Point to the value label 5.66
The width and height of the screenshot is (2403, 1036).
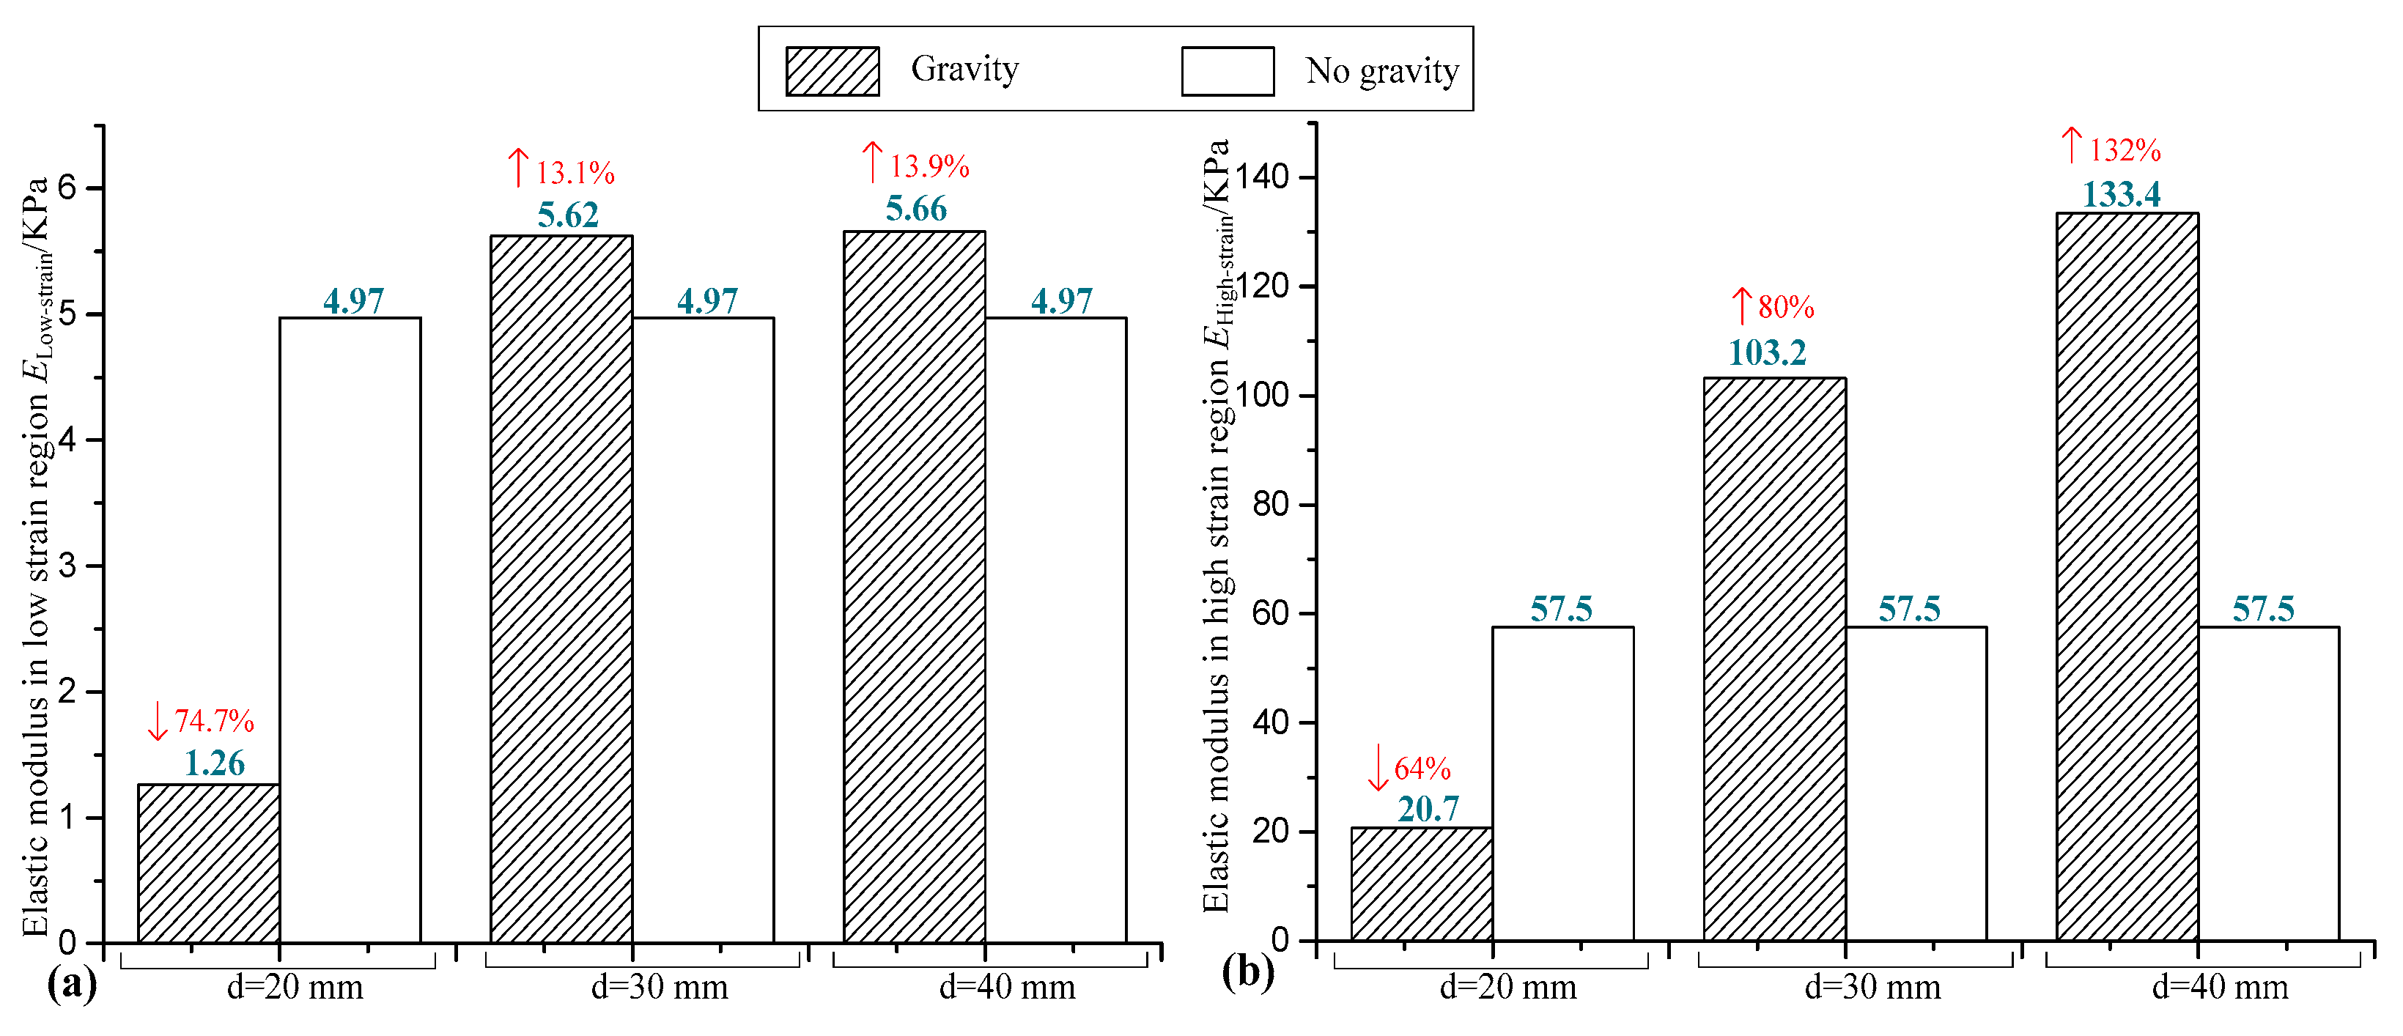click(916, 209)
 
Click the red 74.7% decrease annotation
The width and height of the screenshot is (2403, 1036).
click(213, 721)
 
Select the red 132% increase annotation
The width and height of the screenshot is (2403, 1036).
click(2124, 150)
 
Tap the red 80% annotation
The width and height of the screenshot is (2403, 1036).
click(1784, 307)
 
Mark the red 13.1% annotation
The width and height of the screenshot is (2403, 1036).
click(575, 172)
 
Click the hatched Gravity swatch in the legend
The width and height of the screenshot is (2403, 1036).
click(832, 72)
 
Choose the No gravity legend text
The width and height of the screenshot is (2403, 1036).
click(1381, 71)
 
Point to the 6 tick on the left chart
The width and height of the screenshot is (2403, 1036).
click(67, 188)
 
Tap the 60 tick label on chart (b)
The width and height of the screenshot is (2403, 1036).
click(1271, 613)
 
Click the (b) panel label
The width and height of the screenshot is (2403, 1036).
click(1247, 972)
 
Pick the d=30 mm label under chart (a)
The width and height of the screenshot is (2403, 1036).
click(660, 987)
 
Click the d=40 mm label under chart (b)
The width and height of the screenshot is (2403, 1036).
click(2219, 987)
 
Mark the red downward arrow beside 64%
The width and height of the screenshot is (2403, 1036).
click(1378, 767)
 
